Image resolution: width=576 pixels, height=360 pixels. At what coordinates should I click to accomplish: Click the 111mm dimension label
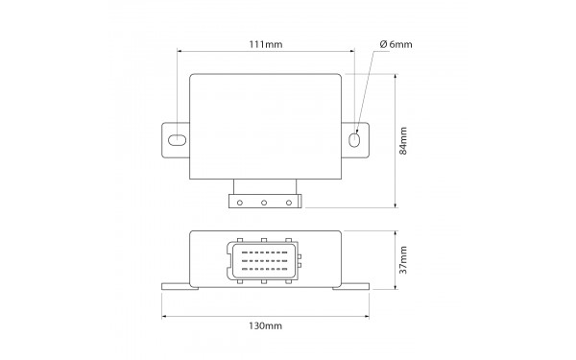tap(266, 44)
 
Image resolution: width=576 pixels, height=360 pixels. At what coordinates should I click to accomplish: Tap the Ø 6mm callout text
tap(396, 44)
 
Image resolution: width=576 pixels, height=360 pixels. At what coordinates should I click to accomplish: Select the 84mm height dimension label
tap(403, 141)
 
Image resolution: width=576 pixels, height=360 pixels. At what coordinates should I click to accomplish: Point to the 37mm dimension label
tap(403, 260)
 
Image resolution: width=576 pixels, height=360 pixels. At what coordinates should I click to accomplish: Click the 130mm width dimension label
tap(266, 325)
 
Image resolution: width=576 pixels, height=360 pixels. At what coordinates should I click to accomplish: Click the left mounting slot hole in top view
tap(177, 140)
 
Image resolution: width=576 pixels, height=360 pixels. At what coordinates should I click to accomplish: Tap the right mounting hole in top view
tap(353, 140)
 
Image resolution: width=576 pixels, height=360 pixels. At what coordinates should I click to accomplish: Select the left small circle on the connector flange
tap(240, 203)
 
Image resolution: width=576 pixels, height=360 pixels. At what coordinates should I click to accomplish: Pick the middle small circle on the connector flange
tap(264, 203)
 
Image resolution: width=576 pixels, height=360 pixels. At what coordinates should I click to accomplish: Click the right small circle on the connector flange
tap(289, 203)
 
